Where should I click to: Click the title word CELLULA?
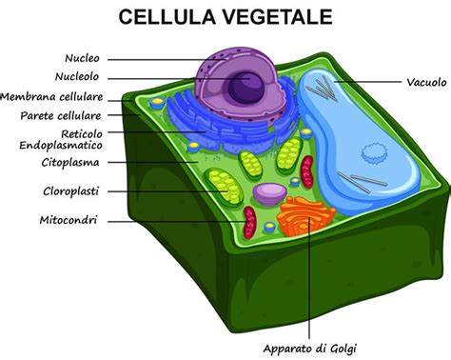161,17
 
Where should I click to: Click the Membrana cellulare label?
65,97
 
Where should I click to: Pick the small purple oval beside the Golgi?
269,194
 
